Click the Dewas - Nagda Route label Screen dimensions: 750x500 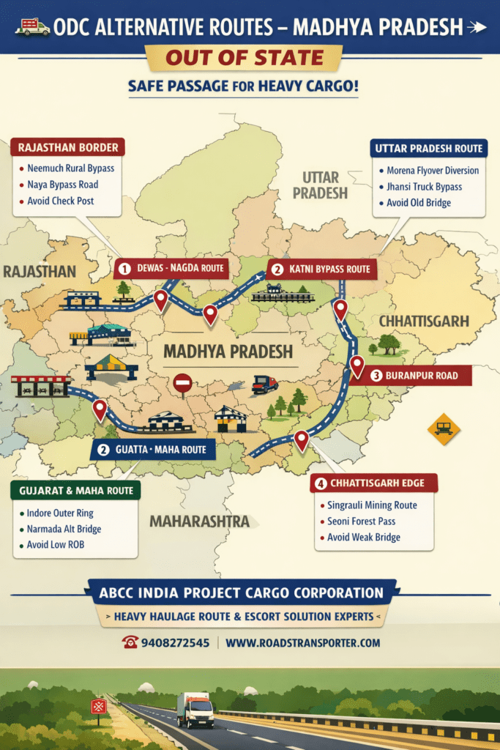pos(171,268)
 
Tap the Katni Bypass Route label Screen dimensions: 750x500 pos(322,269)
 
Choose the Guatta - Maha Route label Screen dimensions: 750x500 pos(153,449)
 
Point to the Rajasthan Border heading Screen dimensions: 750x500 pos(68,146)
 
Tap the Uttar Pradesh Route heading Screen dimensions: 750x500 pos(428,149)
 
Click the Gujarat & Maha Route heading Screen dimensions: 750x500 pos(73,490)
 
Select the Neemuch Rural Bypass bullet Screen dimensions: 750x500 pos(70,168)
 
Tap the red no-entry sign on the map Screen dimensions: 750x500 pos(182,382)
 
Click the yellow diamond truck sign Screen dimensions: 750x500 pos(443,428)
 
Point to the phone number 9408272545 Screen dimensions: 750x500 pos(176,642)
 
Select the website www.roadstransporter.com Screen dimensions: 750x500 pos(303,642)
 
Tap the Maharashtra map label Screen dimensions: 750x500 pos(200,521)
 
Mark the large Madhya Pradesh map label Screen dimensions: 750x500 pos(228,351)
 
